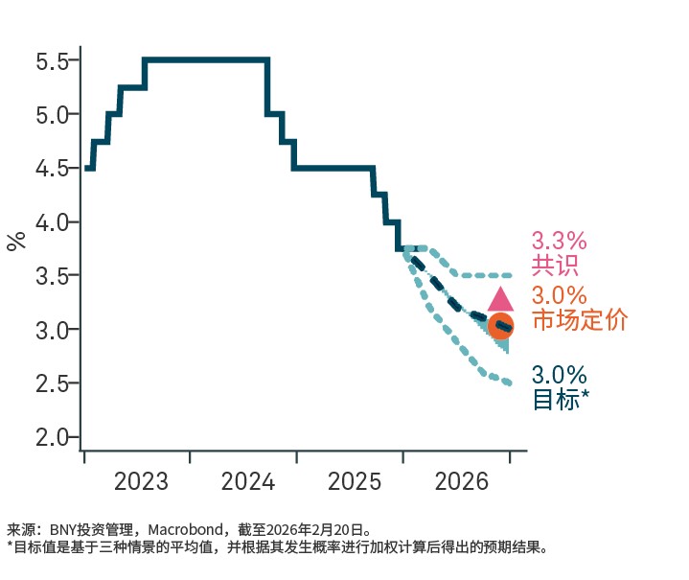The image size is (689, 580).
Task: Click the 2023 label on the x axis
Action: (141, 481)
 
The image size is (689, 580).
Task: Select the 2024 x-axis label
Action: (248, 481)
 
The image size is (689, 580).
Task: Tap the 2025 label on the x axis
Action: (355, 481)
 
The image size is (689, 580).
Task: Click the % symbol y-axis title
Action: (16, 240)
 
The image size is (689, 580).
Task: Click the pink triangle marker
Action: (500, 299)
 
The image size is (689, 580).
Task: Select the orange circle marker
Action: (500, 326)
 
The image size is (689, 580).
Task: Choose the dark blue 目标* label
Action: (560, 400)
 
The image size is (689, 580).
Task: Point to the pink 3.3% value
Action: (559, 241)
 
